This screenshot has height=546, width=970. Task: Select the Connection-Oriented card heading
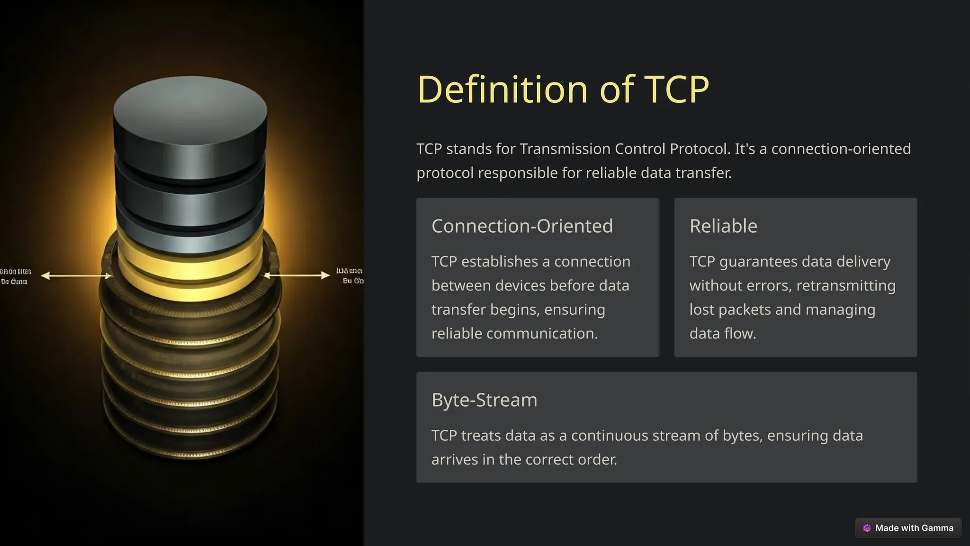pyautogui.click(x=522, y=226)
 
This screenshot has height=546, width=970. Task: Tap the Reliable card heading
pyautogui.click(x=723, y=226)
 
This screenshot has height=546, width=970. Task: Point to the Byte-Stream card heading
pyautogui.click(x=484, y=400)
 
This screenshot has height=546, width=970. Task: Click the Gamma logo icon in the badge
pyautogui.click(x=867, y=528)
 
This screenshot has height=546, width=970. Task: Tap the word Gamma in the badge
pyautogui.click(x=937, y=528)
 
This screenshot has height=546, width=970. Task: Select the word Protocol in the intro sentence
pyautogui.click(x=698, y=149)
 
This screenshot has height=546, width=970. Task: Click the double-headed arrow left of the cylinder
pyautogui.click(x=76, y=275)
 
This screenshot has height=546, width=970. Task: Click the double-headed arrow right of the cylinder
pyautogui.click(x=297, y=275)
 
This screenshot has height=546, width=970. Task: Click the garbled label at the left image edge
pyautogui.click(x=15, y=276)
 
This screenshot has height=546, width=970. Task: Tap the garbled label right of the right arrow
pyautogui.click(x=350, y=276)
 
